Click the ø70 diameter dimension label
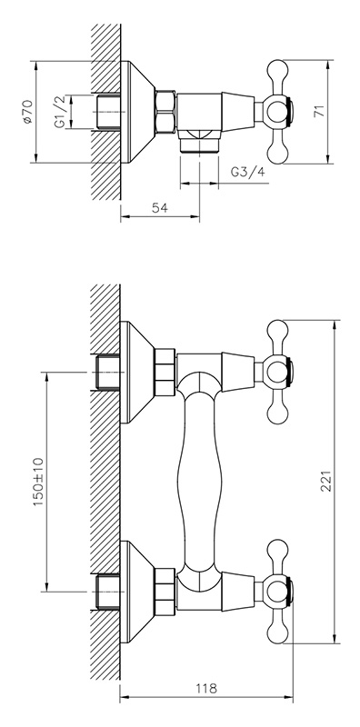[27, 112]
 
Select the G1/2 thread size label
[59, 112]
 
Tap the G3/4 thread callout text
[248, 173]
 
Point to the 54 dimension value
[159, 208]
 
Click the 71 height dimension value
[319, 111]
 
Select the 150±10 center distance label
[38, 482]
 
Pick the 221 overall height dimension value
[327, 482]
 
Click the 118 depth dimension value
[206, 688]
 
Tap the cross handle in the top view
[277, 112]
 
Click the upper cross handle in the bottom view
[277, 372]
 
